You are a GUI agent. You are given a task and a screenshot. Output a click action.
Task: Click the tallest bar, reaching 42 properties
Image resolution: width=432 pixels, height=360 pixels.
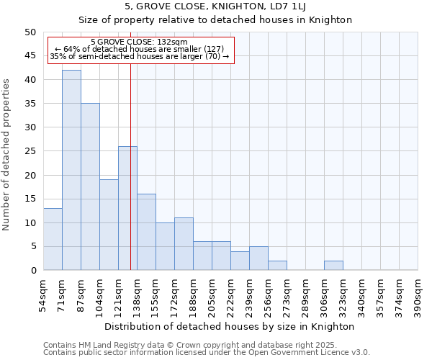71,170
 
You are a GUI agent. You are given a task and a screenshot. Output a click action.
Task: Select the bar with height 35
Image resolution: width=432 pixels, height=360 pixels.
90,186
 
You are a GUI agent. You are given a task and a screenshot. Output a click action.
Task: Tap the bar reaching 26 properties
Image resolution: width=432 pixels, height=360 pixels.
127,208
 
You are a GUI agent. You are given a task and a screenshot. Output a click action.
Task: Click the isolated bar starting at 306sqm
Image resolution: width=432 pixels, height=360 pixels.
333,266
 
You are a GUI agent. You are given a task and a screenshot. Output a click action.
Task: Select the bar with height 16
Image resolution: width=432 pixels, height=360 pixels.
146,232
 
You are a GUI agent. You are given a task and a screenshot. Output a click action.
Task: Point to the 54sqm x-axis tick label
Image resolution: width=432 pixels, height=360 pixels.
44,296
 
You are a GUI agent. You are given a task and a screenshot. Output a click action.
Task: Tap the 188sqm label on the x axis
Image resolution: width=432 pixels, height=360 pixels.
194,296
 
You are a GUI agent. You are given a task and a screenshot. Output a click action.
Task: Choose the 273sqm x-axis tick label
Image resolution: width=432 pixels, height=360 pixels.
287,296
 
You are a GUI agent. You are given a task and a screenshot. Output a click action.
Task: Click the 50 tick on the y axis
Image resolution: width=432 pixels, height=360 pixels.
30,32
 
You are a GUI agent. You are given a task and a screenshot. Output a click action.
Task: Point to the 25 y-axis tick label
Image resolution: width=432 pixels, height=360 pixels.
30,151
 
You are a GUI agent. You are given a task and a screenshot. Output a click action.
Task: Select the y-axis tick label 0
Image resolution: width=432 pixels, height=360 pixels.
33,271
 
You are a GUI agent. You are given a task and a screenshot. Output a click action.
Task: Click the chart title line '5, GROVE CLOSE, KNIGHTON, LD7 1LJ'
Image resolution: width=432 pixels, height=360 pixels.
215,6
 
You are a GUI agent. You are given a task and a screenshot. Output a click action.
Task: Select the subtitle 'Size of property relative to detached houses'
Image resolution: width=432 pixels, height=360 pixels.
215,19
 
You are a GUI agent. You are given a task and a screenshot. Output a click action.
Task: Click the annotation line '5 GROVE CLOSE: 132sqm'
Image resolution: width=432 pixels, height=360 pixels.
140,42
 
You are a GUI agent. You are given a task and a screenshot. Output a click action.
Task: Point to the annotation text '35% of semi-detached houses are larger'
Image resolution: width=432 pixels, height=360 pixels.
140,56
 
